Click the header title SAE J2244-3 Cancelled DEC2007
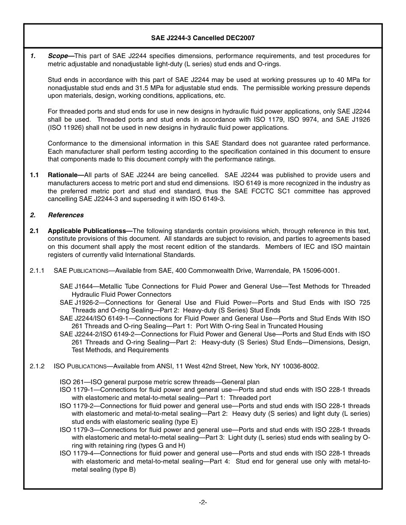tap(203, 38)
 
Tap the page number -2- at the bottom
tap(203, 502)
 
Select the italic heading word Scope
tap(58, 56)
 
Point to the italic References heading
tap(65, 215)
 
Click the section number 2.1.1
tap(37, 271)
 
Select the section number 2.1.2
tap(37, 366)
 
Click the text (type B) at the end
tap(124, 470)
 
